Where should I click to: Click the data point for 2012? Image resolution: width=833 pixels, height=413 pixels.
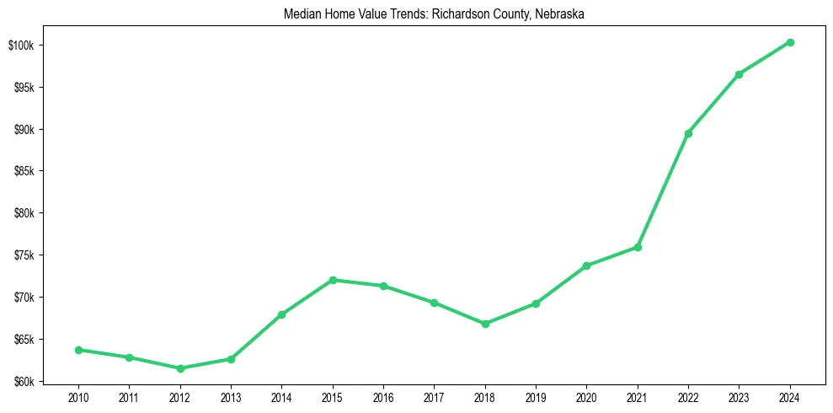(x=180, y=368)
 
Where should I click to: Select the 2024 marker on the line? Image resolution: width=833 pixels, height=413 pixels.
(x=790, y=42)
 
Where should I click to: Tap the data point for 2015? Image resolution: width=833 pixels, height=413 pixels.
(x=333, y=280)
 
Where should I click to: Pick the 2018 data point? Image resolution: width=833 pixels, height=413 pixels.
(x=485, y=324)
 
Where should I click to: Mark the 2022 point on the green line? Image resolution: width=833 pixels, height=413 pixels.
(x=688, y=133)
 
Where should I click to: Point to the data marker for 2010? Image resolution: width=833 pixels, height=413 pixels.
(x=78, y=350)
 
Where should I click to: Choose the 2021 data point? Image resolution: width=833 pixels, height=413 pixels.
(x=638, y=247)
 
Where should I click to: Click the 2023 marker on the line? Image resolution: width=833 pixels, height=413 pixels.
(x=739, y=74)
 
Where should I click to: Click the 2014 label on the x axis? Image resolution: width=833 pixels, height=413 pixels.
(x=281, y=398)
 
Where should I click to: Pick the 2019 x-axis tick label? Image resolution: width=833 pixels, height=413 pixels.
(x=536, y=398)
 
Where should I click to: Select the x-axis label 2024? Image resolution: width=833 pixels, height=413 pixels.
(x=790, y=398)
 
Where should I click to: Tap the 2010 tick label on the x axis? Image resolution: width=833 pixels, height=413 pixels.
(x=78, y=398)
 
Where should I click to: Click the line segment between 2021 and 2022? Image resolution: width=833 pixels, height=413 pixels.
(x=663, y=190)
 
